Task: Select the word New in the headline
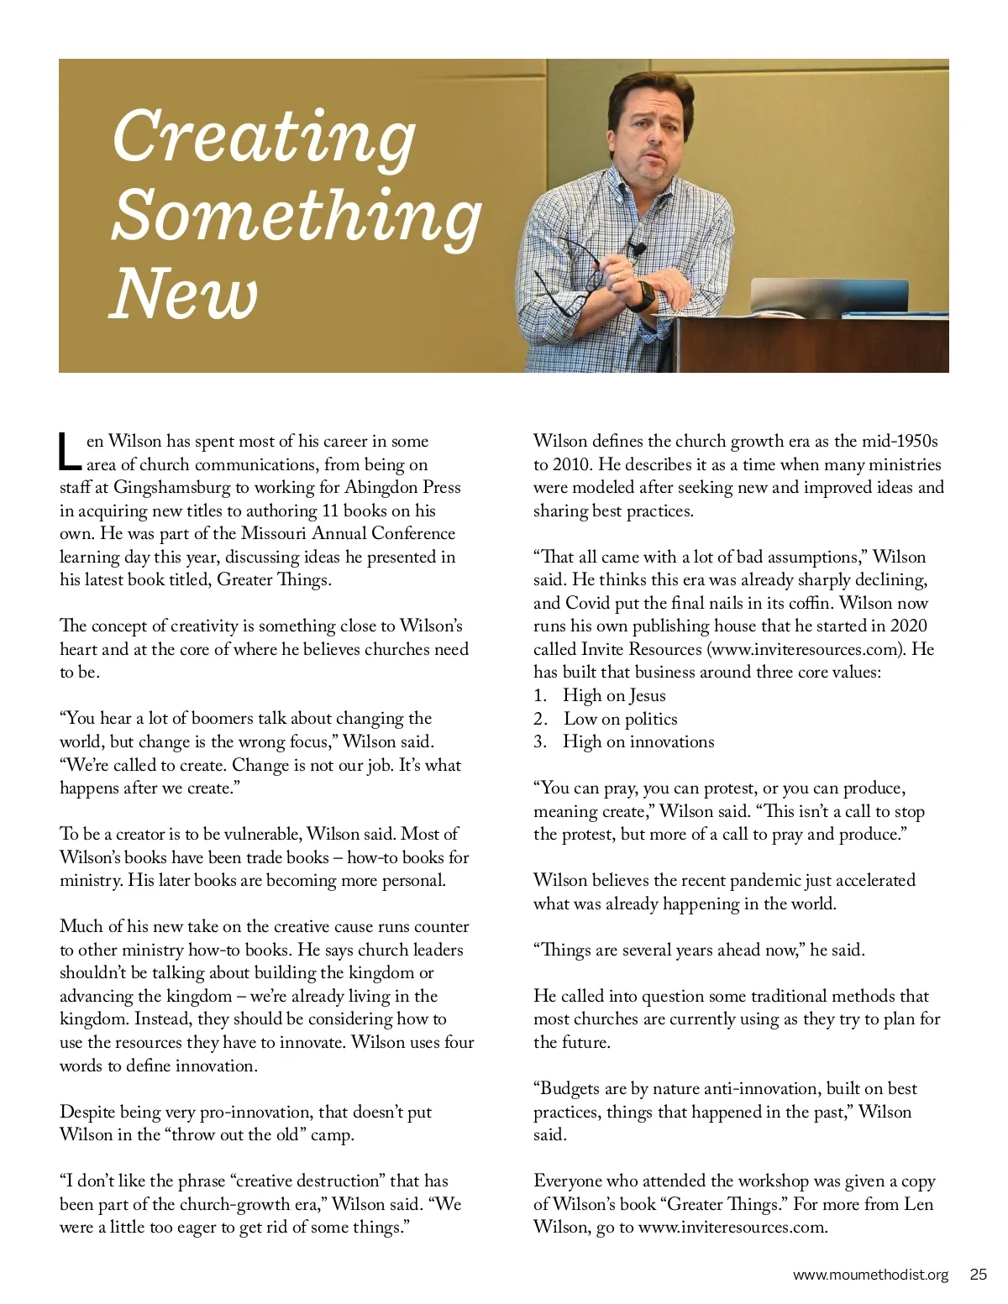click(184, 294)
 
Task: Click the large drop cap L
click(70, 452)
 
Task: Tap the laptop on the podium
click(827, 297)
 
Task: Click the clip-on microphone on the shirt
click(638, 249)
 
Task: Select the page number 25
click(978, 1275)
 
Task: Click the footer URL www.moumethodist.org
click(870, 1275)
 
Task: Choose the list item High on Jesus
click(614, 695)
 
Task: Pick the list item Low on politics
click(620, 719)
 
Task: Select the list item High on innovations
click(638, 741)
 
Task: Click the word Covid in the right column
click(588, 603)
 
